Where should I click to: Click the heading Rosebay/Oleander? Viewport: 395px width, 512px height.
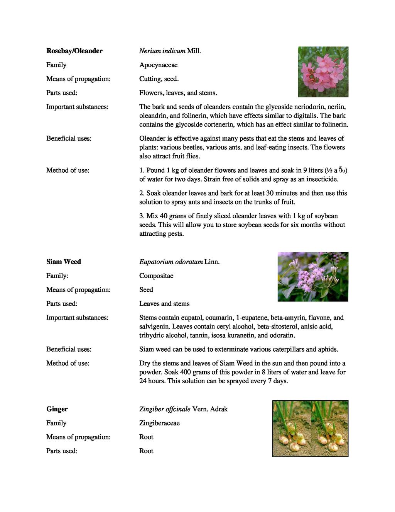(x=74, y=51)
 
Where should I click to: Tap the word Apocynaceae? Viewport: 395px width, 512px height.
(x=159, y=65)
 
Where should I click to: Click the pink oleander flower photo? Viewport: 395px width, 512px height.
(x=323, y=72)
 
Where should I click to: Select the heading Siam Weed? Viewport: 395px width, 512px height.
(x=64, y=262)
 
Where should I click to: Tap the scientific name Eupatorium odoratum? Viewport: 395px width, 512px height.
(x=171, y=262)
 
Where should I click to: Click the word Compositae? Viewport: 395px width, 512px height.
(x=156, y=276)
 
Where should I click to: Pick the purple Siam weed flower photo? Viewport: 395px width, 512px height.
(x=313, y=277)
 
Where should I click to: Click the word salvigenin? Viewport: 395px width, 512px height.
(x=155, y=327)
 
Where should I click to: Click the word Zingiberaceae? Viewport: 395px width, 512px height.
(x=159, y=423)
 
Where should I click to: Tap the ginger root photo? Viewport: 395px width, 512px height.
(x=311, y=429)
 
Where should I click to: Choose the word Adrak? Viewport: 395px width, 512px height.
(x=219, y=409)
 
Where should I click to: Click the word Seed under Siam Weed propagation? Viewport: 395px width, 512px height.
(x=146, y=290)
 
